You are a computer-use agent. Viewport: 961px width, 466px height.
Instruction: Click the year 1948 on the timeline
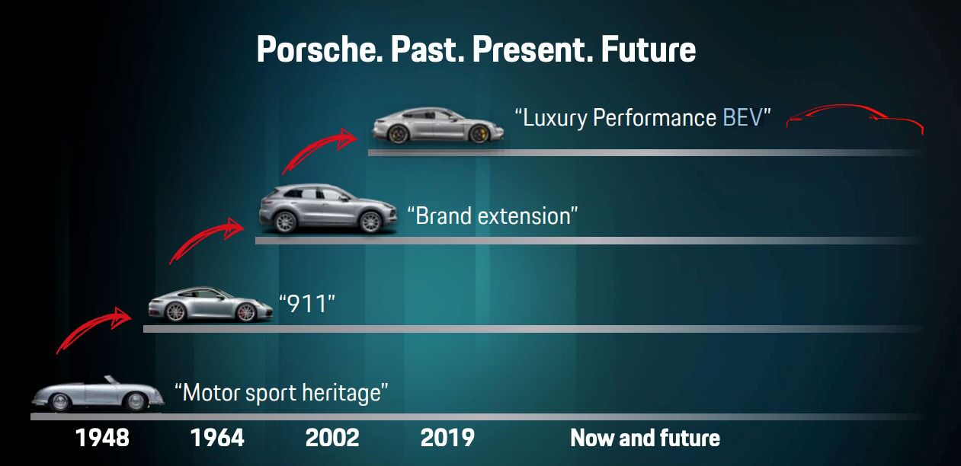pyautogui.click(x=102, y=438)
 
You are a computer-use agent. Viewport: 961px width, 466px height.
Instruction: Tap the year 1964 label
pyautogui.click(x=217, y=438)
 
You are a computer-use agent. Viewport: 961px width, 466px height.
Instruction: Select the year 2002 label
pyautogui.click(x=332, y=438)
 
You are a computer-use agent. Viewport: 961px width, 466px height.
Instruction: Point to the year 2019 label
pyautogui.click(x=447, y=438)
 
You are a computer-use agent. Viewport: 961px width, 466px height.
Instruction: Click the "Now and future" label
pyautogui.click(x=645, y=438)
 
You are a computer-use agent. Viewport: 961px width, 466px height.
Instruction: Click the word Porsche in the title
pyautogui.click(x=319, y=50)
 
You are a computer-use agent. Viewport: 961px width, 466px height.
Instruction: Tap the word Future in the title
pyautogui.click(x=648, y=50)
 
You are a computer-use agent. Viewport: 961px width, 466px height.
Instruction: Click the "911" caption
pyautogui.click(x=307, y=304)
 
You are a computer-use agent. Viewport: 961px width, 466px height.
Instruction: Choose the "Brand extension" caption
pyautogui.click(x=493, y=215)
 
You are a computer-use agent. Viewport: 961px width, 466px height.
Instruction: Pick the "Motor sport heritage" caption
pyautogui.click(x=281, y=393)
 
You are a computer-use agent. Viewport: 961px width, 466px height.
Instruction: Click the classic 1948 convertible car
pyautogui.click(x=98, y=394)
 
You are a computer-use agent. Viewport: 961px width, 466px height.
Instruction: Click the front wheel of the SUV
pyautogui.click(x=370, y=222)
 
